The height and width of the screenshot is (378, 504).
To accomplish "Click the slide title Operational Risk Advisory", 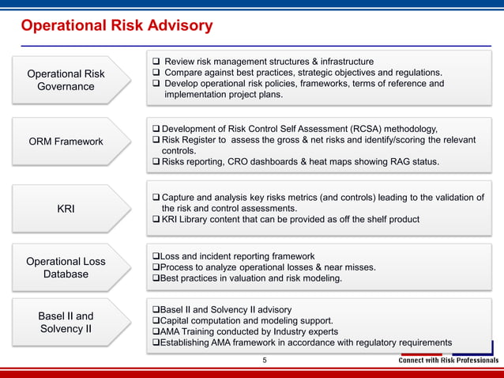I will point(116,26).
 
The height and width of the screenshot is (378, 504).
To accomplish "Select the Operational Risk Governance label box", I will point(66,80).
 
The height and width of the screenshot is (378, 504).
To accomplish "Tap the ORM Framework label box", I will point(66,142).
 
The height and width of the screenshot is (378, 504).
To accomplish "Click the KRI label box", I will point(66,209).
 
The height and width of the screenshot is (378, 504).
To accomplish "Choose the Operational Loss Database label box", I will point(66,268).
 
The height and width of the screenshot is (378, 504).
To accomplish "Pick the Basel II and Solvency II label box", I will point(66,323).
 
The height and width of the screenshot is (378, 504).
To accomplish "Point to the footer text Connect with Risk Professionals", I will point(448,361).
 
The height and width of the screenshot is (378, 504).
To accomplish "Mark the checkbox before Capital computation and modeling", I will point(155,321).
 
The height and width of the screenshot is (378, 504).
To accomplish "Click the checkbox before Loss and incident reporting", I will point(155,256).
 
